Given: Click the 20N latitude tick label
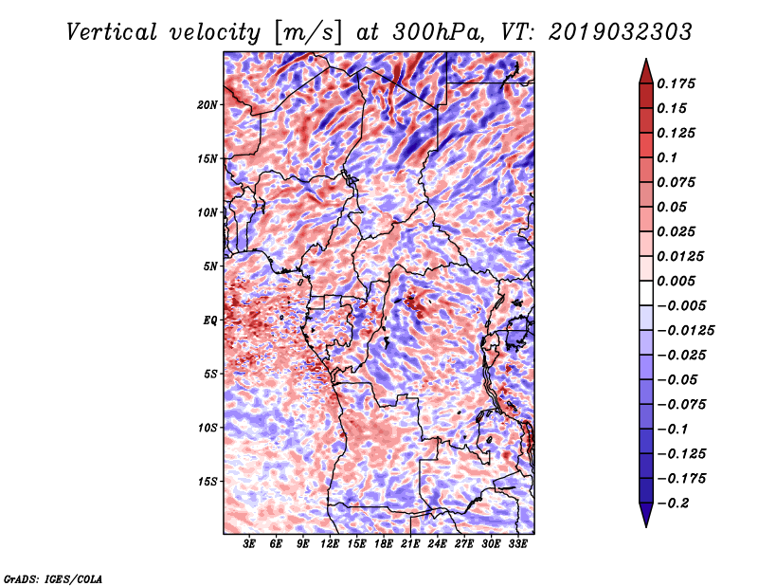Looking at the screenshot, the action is click(x=207, y=104).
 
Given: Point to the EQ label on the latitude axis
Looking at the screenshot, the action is click(x=209, y=320).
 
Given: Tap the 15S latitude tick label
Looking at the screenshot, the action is click(x=208, y=482).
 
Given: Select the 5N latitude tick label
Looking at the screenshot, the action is click(x=210, y=266).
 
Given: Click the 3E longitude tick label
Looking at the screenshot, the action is click(x=249, y=544).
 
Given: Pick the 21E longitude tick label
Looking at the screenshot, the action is click(x=410, y=544).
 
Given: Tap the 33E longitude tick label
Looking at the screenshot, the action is click(x=517, y=544).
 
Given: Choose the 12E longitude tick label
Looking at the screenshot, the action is click(x=329, y=544).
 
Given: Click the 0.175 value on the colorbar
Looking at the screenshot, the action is click(x=676, y=83).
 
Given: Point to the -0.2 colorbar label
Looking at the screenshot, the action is click(x=673, y=504).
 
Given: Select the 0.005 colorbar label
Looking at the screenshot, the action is click(x=676, y=281).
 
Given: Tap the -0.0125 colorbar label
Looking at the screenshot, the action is click(x=685, y=331).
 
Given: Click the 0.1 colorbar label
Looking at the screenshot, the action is click(x=667, y=157).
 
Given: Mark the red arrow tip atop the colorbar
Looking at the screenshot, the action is click(x=646, y=59).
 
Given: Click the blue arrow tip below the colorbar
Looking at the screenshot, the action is click(x=646, y=527).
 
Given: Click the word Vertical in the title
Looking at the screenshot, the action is click(x=112, y=32).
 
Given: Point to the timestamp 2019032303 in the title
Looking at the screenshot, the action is click(x=621, y=32).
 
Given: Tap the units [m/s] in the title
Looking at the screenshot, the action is click(x=308, y=33).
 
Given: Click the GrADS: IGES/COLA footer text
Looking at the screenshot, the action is click(x=53, y=578).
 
